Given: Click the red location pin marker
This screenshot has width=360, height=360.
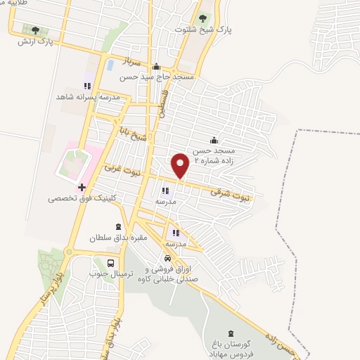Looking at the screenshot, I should (181, 165).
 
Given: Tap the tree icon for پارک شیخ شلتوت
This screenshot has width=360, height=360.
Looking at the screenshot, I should (203, 18).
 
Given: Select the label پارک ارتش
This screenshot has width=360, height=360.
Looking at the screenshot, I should (36, 41).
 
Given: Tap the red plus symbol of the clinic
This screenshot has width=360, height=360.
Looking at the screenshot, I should (82, 188).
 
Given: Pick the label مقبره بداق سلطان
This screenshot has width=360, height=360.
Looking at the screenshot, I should (115, 238).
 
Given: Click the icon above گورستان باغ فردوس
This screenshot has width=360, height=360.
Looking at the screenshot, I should (231, 333).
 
